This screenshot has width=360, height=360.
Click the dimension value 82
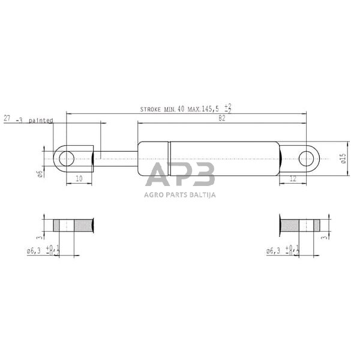(221, 118)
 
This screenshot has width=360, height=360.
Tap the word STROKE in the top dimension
(151, 109)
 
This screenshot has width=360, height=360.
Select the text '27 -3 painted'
(28, 120)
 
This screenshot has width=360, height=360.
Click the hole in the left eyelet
(67, 158)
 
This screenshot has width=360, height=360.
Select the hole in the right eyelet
(307, 158)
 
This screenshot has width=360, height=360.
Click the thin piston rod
(117, 159)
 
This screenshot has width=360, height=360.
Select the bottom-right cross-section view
(300, 226)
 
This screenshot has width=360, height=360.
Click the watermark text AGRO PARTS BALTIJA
(180, 194)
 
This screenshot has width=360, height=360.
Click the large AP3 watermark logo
(180, 176)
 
